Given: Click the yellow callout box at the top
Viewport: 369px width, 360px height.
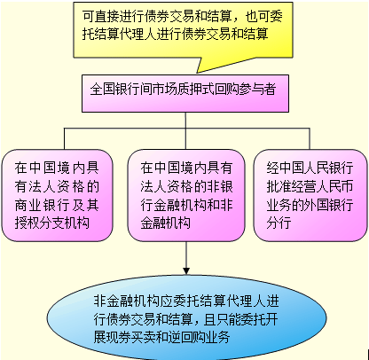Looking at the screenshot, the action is click(x=183, y=29).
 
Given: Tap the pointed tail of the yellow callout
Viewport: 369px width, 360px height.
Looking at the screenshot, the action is click(x=197, y=73).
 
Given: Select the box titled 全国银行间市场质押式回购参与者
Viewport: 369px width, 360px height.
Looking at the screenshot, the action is click(x=185, y=93).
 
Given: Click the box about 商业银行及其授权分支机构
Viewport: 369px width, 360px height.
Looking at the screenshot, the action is click(x=57, y=195).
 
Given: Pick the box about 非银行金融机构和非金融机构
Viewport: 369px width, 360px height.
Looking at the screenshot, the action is click(x=186, y=195).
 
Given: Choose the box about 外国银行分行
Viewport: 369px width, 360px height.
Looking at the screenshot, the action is click(x=310, y=195).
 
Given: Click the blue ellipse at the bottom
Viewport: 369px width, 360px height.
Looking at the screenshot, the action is click(x=187, y=318).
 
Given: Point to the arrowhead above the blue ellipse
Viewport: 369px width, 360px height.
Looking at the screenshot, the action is click(x=186, y=271).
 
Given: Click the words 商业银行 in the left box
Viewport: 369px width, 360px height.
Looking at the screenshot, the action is click(x=39, y=205).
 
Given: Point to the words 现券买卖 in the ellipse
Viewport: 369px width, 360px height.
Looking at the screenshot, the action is click(x=130, y=337).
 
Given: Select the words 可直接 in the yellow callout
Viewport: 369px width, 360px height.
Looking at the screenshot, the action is click(x=100, y=16).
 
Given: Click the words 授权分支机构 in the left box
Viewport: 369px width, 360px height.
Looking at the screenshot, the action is click(x=52, y=223).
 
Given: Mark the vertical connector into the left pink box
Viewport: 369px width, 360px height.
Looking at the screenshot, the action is click(x=65, y=138).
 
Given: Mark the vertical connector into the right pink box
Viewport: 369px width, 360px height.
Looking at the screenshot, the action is click(x=310, y=138).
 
